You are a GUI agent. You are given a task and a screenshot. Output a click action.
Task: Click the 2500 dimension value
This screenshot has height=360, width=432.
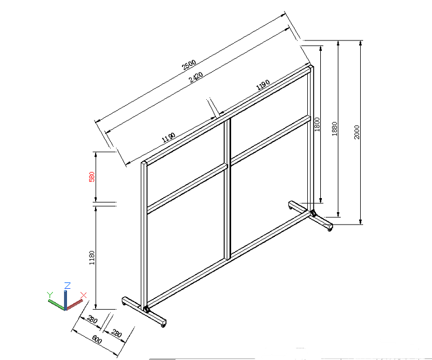click(x=189, y=65)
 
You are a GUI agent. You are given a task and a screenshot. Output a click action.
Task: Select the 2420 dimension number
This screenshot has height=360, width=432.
click(x=196, y=77)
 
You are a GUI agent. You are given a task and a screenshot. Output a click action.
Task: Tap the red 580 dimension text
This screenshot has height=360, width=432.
click(x=92, y=177)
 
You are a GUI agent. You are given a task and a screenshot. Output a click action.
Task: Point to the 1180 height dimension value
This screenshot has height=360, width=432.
click(x=92, y=258)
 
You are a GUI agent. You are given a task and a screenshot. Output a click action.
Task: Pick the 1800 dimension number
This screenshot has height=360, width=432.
click(x=317, y=124)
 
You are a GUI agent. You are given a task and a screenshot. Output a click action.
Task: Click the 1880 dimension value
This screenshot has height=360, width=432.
click(x=334, y=129)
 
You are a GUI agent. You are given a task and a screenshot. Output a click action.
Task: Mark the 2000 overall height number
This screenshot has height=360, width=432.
click(x=357, y=132)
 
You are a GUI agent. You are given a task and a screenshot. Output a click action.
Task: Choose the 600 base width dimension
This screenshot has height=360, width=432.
click(x=97, y=339)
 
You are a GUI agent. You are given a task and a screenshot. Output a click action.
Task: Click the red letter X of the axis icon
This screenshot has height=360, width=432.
click(x=84, y=295)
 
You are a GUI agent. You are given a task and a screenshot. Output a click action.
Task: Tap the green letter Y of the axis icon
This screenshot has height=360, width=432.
click(x=50, y=295)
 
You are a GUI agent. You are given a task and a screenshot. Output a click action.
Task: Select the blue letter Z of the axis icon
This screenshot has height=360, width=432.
click(x=67, y=286)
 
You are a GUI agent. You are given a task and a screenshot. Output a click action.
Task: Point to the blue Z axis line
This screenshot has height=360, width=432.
click(x=65, y=300)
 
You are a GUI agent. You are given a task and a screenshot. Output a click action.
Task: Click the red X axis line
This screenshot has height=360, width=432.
click(x=74, y=305)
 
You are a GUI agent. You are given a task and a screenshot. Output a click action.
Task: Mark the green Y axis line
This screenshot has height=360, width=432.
click(x=57, y=305)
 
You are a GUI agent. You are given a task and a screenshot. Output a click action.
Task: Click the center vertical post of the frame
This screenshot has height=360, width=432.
click(x=227, y=189)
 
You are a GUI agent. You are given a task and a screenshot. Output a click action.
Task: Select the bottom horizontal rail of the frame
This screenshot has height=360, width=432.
click(x=228, y=259)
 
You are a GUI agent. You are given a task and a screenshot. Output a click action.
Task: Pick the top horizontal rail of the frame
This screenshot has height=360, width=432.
click(x=227, y=115)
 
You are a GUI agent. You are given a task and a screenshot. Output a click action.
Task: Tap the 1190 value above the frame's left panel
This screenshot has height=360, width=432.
click(x=168, y=138)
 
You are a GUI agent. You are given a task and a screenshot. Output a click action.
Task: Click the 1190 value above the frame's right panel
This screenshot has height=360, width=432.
click(x=263, y=85)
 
